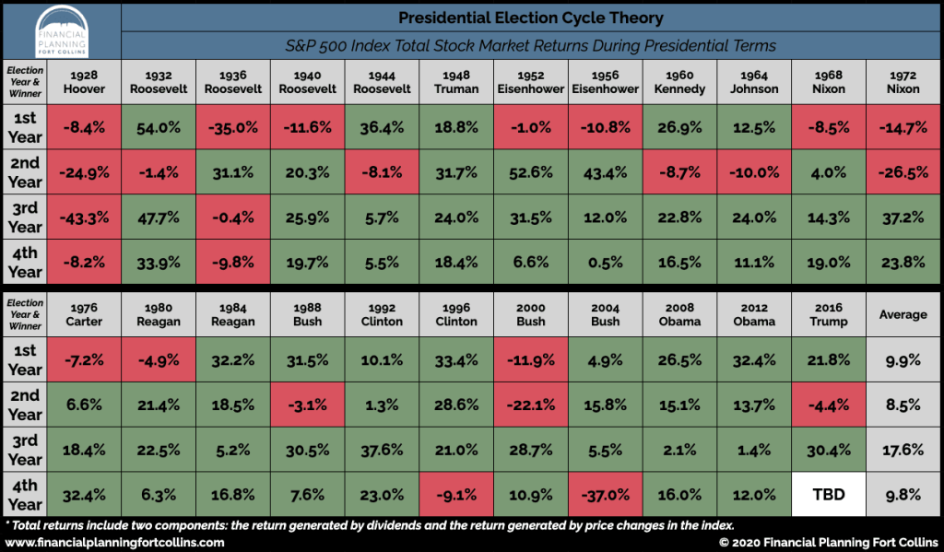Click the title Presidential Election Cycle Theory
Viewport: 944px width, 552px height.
[x=530, y=18]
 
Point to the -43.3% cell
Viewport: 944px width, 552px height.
[x=85, y=217]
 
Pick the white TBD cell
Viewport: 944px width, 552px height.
[x=828, y=494]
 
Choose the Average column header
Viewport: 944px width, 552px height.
[x=903, y=314]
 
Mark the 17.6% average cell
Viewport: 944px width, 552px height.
[x=903, y=450]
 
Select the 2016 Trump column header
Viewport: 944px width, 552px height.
[x=828, y=314]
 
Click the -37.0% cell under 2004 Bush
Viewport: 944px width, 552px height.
[x=606, y=494]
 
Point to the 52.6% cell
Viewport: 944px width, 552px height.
[x=531, y=172]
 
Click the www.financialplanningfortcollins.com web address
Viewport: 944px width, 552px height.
[x=114, y=542]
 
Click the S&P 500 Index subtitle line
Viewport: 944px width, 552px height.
[x=530, y=45]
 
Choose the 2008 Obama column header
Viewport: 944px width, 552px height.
[x=679, y=314]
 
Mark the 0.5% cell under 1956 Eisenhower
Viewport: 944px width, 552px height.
[x=606, y=263]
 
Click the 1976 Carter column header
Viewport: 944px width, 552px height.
[x=85, y=314]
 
